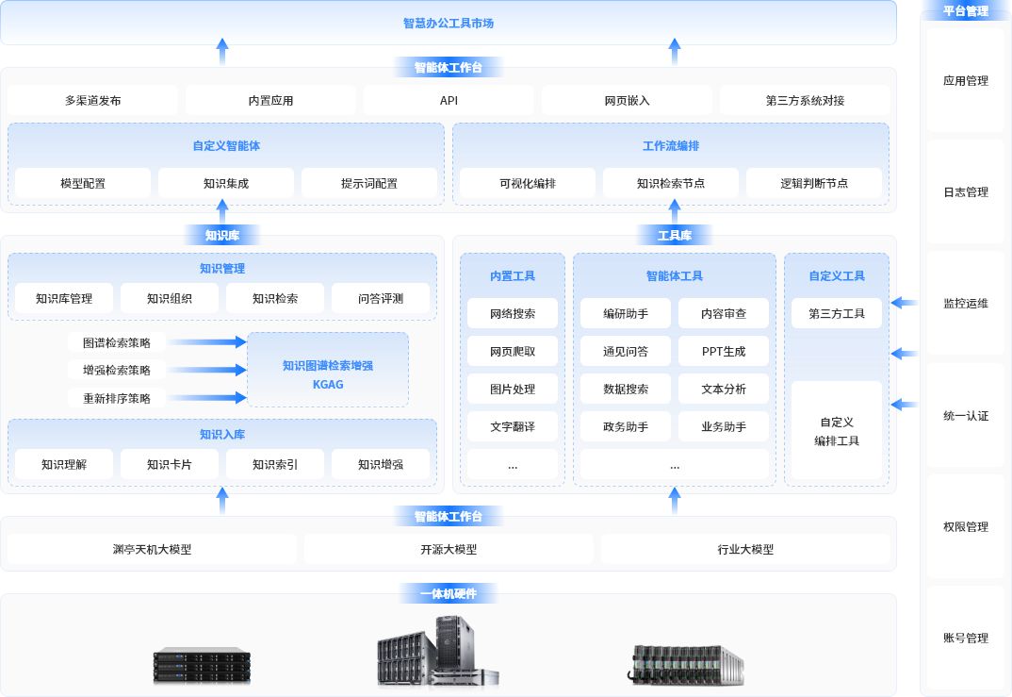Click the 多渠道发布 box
[x=92, y=100]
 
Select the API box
[x=449, y=100]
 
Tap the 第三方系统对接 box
[x=805, y=100]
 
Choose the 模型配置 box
[x=83, y=183]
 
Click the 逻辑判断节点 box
[x=814, y=183]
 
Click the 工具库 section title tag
[x=675, y=235]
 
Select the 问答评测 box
[x=381, y=298]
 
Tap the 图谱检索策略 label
[x=117, y=342]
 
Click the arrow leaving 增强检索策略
[x=206, y=370]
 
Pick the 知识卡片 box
[x=170, y=464]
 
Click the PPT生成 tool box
[x=724, y=351]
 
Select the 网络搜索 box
[x=513, y=313]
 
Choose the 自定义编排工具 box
[x=837, y=431]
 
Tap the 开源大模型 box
[x=449, y=549]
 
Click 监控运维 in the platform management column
[x=966, y=303]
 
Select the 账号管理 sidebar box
[x=966, y=638]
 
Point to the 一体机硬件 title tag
[x=449, y=593]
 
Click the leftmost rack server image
[x=203, y=666]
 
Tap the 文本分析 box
[x=724, y=389]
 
